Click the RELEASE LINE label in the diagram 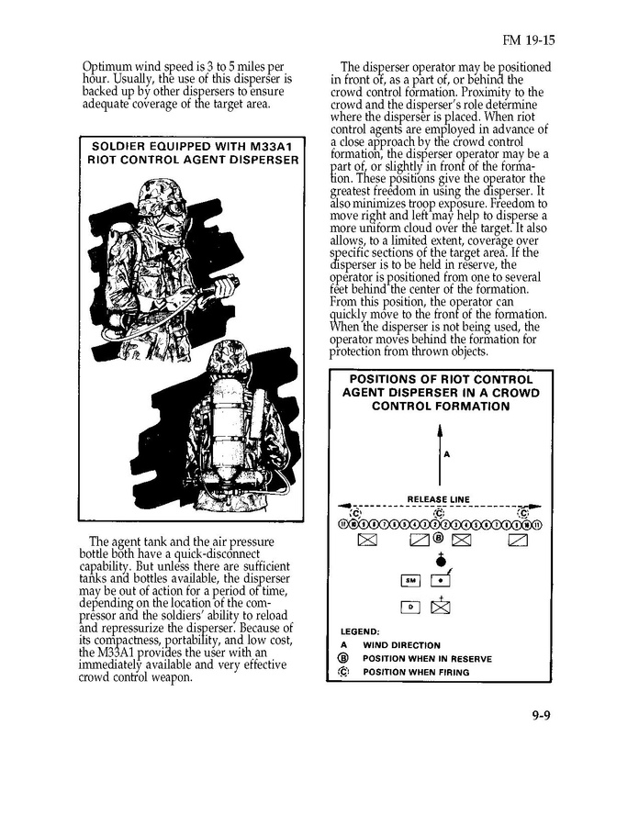[438, 499]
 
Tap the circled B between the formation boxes [439, 539]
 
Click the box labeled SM [410, 580]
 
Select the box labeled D [410, 607]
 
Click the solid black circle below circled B [440, 562]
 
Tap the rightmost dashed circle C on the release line [523, 512]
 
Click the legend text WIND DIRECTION [401, 645]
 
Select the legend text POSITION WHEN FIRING [415, 673]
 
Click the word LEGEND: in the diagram [360, 631]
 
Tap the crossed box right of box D [440, 607]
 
